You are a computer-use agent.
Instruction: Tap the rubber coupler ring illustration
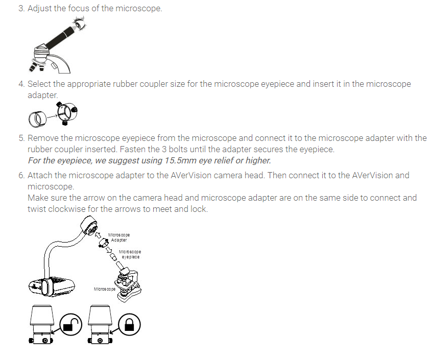(37, 118)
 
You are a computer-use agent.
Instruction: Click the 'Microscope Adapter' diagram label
(118, 237)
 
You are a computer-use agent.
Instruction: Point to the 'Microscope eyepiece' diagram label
(130, 254)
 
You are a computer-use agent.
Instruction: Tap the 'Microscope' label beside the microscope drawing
(104, 289)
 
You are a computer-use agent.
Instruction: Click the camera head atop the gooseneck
(92, 226)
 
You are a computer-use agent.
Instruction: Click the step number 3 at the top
(21, 9)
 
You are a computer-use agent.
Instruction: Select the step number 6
(21, 175)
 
